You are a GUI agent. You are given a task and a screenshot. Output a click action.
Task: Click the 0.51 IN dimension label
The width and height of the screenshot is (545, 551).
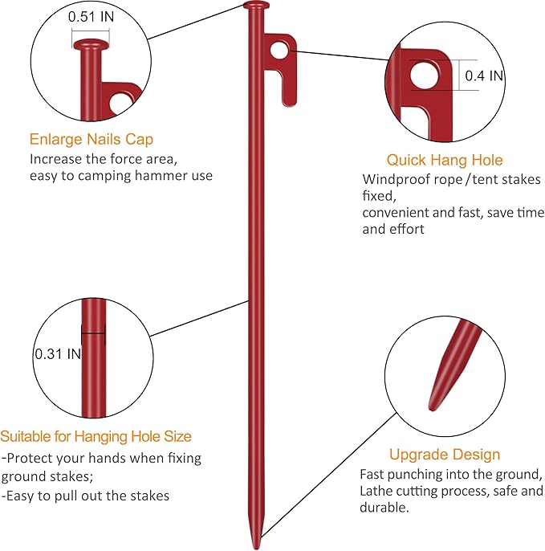point(91,17)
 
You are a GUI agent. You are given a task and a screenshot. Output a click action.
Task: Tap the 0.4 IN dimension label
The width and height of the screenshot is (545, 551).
point(484,76)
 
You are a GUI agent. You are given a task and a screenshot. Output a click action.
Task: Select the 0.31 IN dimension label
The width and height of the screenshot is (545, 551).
point(58,354)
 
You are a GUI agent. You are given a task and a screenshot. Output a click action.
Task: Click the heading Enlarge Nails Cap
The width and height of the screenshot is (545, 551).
point(92,139)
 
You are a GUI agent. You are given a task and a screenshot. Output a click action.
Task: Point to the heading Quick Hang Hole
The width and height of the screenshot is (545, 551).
point(445,160)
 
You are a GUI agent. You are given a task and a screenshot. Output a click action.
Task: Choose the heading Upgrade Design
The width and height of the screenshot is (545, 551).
point(445,455)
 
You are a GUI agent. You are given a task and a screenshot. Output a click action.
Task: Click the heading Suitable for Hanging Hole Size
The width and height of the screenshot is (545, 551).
point(96,436)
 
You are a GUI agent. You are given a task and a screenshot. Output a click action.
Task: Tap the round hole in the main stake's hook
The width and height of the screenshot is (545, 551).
point(279,50)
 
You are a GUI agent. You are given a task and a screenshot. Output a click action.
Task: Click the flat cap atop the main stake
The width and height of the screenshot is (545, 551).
point(256,6)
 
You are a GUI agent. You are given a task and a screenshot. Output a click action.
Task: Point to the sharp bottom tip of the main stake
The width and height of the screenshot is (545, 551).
point(256,548)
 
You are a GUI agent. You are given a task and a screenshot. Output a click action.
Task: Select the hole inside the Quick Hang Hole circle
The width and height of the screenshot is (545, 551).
point(425,76)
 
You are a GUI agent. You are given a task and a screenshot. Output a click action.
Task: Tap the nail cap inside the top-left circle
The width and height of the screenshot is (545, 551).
point(91,44)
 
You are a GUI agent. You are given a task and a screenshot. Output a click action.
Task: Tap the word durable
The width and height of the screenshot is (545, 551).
point(384,508)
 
